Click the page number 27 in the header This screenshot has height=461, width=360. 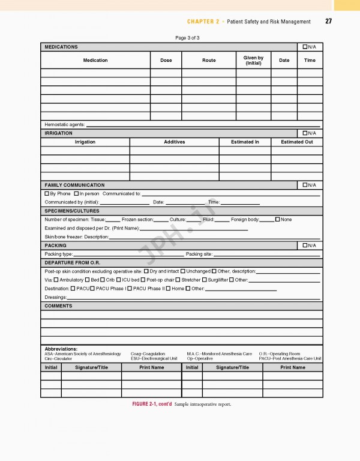pyautogui.click(x=328, y=22)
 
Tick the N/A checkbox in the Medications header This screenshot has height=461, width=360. pyautogui.click(x=305, y=47)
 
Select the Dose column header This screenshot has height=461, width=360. pyautogui.click(x=166, y=60)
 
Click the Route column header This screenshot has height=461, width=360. pyautogui.click(x=209, y=60)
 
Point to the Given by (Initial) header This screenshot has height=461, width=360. pyautogui.click(x=253, y=60)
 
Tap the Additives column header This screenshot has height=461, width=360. pyautogui.click(x=174, y=142)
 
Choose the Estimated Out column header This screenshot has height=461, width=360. pyautogui.click(x=296, y=142)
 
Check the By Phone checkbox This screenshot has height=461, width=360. pyautogui.click(x=47, y=194)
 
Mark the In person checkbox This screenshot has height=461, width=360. pyautogui.click(x=76, y=194)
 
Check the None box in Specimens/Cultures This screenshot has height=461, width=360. pyautogui.click(x=277, y=220)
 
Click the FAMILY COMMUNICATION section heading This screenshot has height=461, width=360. pyautogui.click(x=74, y=185)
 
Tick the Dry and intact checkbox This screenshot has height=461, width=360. pyautogui.click(x=146, y=271)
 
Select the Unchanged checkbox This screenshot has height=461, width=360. pyautogui.click(x=183, y=271)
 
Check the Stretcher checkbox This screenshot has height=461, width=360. pyautogui.click(x=178, y=280)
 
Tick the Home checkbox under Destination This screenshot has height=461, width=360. pyautogui.click(x=169, y=289)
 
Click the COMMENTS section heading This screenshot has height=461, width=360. pyautogui.click(x=58, y=306)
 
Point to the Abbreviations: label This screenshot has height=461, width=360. pyautogui.click(x=61, y=349)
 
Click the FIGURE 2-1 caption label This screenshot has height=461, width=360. pyautogui.click(x=151, y=404)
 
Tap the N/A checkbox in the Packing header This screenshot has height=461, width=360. pyautogui.click(x=305, y=246)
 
